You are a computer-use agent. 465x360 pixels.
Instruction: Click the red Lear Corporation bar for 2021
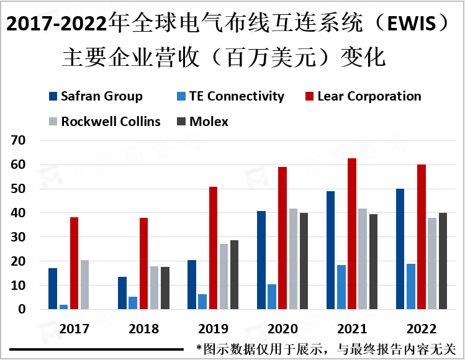(352, 234)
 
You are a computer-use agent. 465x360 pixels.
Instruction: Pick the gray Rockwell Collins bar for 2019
(223, 276)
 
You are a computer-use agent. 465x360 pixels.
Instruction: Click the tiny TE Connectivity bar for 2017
(63, 307)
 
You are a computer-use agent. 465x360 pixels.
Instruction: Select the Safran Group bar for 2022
(400, 249)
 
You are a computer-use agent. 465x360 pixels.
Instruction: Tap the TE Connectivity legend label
(237, 96)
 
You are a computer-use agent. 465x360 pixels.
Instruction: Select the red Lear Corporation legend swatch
(309, 96)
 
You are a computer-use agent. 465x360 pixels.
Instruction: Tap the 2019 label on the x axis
(213, 328)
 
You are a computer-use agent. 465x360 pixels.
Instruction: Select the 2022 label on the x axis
(421, 328)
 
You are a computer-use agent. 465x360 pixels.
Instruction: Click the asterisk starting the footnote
(199, 348)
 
